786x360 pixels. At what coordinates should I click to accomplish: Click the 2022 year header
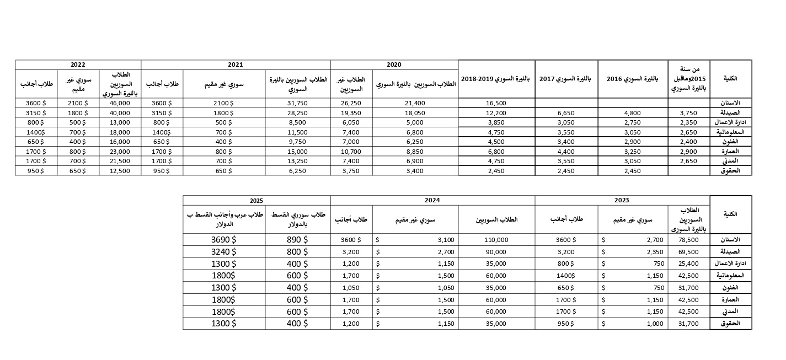78,65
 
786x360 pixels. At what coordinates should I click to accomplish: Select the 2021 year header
236,65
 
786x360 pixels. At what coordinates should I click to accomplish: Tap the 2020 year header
394,65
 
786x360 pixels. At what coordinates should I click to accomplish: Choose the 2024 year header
432,200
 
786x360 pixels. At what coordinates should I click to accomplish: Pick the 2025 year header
256,200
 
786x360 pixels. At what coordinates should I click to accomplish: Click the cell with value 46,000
120,103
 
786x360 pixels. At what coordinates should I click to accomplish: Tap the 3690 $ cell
224,240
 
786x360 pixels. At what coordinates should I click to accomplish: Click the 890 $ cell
297,240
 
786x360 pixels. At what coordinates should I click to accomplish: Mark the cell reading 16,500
496,103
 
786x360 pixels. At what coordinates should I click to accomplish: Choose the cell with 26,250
351,103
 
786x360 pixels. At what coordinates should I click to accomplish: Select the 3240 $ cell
224,251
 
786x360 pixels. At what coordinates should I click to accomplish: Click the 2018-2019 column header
496,79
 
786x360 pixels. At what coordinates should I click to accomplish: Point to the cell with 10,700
351,151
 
